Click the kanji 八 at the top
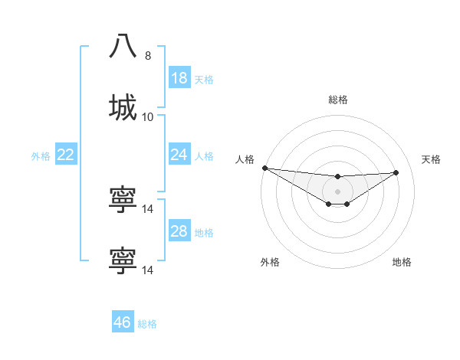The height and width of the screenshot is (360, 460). pyautogui.click(x=123, y=47)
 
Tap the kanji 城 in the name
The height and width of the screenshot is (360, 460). pyautogui.click(x=123, y=108)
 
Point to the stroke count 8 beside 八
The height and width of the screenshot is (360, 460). pyautogui.click(x=148, y=56)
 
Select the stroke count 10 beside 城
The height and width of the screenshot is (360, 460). pyautogui.click(x=148, y=117)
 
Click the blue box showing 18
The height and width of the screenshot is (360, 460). pyautogui.click(x=179, y=78)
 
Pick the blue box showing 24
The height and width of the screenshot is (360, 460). pyautogui.click(x=179, y=155)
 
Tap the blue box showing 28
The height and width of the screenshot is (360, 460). pyautogui.click(x=179, y=231)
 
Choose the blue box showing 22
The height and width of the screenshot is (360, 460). pyautogui.click(x=66, y=155)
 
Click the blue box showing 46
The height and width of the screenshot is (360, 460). pyautogui.click(x=123, y=322)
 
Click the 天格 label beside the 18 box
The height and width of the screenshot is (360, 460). pyautogui.click(x=204, y=79)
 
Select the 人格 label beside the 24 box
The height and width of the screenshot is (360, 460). pyautogui.click(x=204, y=155)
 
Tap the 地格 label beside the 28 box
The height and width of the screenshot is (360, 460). pyautogui.click(x=204, y=232)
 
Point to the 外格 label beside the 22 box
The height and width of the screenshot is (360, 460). pyautogui.click(x=41, y=155)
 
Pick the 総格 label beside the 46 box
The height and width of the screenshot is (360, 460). pyautogui.click(x=147, y=323)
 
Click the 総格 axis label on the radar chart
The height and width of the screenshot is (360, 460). pyautogui.click(x=337, y=100)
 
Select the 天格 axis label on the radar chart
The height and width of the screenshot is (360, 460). pyautogui.click(x=432, y=159)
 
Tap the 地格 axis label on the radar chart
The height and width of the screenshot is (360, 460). pyautogui.click(x=402, y=262)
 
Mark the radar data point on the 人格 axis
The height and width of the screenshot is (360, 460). pyautogui.click(x=264, y=168)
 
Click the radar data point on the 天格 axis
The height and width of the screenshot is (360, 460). pyautogui.click(x=396, y=172)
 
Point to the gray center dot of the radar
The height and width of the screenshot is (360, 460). pyautogui.click(x=337, y=191)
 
